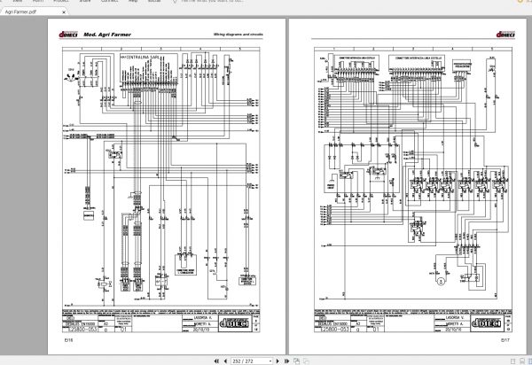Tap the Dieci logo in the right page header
click(x=488, y=35)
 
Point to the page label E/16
click(x=69, y=339)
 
